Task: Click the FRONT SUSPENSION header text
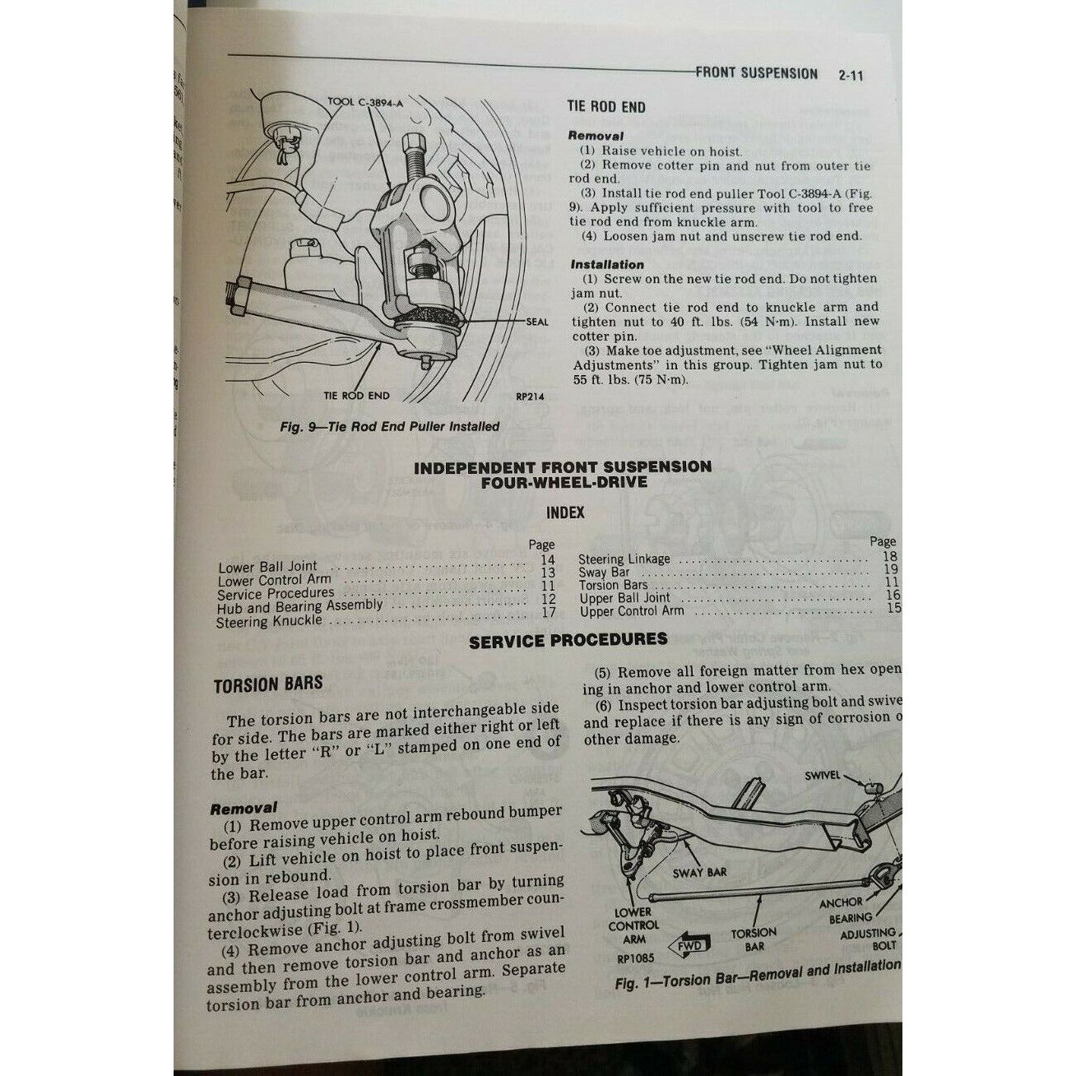(x=756, y=73)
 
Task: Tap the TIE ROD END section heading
(x=606, y=107)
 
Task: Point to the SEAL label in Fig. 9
(x=536, y=322)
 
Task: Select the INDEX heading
(x=565, y=512)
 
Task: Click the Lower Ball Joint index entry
(x=268, y=566)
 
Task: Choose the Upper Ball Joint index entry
(x=624, y=598)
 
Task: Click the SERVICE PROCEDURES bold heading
(x=568, y=640)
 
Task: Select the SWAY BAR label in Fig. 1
(x=699, y=872)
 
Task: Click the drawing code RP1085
(x=635, y=958)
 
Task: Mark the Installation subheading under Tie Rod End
(x=606, y=265)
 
